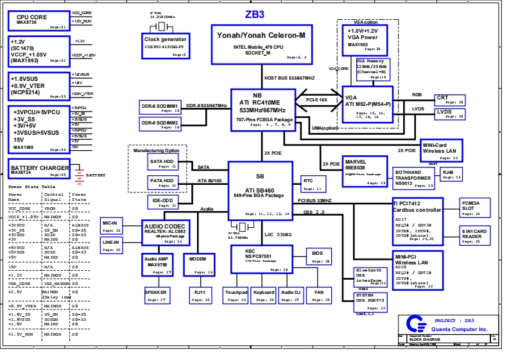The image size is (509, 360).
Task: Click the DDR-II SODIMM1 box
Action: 160,107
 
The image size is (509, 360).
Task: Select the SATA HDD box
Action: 162,163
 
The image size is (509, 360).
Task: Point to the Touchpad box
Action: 236,295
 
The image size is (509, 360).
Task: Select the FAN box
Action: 319,295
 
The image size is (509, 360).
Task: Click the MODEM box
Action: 199,262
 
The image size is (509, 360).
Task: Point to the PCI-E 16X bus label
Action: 316,100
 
